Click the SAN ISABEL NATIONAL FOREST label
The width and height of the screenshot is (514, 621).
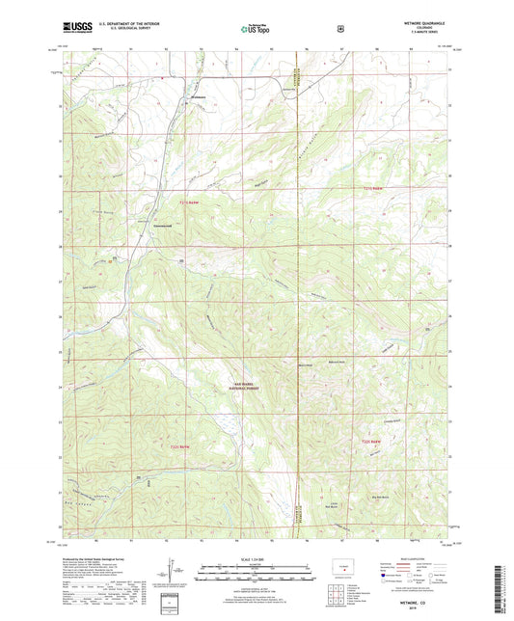point(228,386)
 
